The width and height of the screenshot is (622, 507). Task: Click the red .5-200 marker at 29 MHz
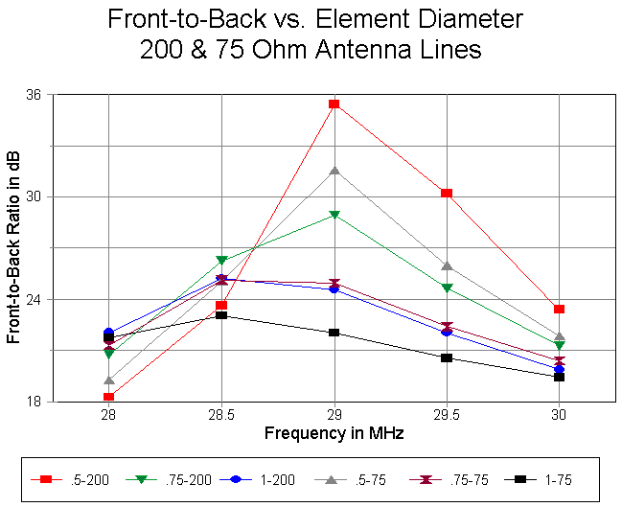[x=334, y=104]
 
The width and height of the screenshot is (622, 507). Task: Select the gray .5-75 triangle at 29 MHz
[x=334, y=171]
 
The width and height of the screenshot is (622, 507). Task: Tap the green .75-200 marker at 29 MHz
[x=334, y=215]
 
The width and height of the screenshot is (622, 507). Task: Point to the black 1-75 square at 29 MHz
[x=334, y=333]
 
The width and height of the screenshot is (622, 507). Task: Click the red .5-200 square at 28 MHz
[x=109, y=397]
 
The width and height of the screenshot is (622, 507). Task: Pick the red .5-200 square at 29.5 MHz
[x=447, y=194]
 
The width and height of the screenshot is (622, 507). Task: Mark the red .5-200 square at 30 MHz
[x=559, y=309]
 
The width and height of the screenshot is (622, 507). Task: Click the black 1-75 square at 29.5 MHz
[x=447, y=358]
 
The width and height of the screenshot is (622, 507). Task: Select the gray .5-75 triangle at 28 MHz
[x=109, y=380]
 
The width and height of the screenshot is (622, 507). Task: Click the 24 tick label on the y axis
[x=38, y=299]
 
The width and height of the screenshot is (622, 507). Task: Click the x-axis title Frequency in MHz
[x=334, y=433]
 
